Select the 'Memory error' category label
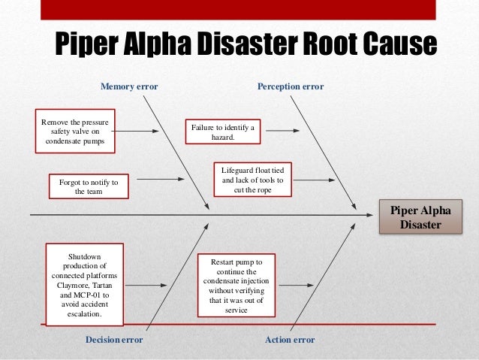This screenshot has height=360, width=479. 129,87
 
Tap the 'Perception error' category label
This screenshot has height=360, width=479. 291,87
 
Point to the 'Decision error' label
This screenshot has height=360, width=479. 114,340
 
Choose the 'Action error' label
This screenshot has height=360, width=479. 290,340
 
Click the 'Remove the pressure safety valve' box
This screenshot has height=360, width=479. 74,131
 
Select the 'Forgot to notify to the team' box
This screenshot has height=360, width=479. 89,186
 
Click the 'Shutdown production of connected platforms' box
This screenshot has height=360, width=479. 84,285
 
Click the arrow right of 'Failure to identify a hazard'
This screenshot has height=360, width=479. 282,130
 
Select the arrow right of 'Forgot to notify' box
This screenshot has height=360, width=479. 159,180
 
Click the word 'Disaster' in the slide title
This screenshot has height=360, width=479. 233,46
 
